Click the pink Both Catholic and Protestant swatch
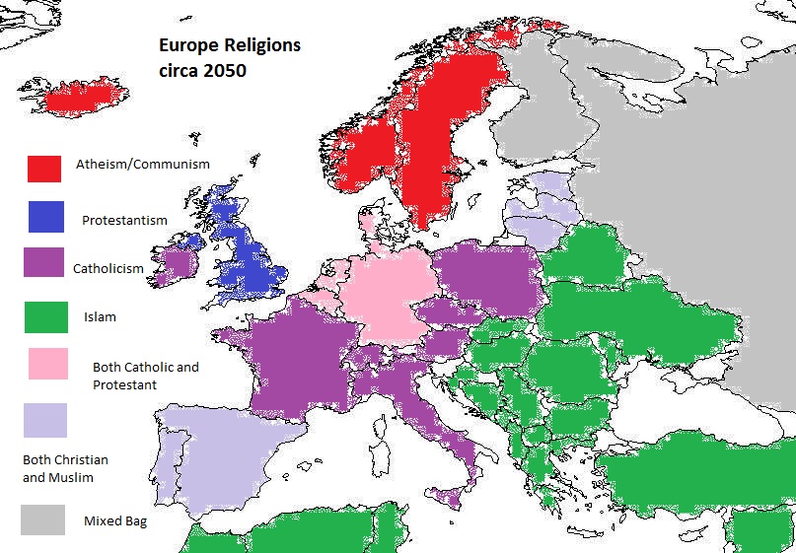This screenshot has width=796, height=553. pyautogui.click(x=46, y=363)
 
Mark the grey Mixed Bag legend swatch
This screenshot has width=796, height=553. pyautogui.click(x=43, y=519)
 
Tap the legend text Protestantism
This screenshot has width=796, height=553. pyautogui.click(x=124, y=220)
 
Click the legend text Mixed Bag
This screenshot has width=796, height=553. pyautogui.click(x=115, y=520)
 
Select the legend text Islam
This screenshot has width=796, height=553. pyautogui.click(x=100, y=317)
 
